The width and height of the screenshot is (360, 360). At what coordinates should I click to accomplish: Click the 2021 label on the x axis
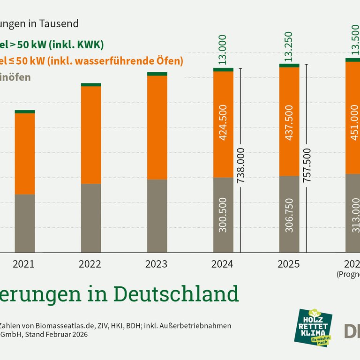coord(24,264)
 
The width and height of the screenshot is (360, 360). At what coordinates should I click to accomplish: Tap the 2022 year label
coord(90,264)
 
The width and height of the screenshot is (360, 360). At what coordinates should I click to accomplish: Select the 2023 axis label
coord(157,264)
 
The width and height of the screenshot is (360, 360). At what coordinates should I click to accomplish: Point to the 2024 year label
coord(223,264)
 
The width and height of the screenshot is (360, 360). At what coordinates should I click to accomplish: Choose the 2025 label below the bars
coord(289,264)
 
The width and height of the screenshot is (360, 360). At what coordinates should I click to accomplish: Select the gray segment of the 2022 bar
coord(91,218)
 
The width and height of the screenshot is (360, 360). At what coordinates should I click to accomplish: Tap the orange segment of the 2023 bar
coord(157,127)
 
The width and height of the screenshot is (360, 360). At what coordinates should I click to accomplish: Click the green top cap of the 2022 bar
coord(91,85)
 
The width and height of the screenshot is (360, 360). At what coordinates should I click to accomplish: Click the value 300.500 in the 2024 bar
coord(223,215)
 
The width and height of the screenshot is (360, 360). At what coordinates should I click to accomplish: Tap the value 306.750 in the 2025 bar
coord(289,215)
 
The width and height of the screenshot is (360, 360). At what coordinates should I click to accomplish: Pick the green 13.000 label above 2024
coord(223,49)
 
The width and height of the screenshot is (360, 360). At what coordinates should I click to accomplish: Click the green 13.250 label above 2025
coord(289,47)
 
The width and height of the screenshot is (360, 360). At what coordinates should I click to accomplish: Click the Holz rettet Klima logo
coord(315,328)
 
